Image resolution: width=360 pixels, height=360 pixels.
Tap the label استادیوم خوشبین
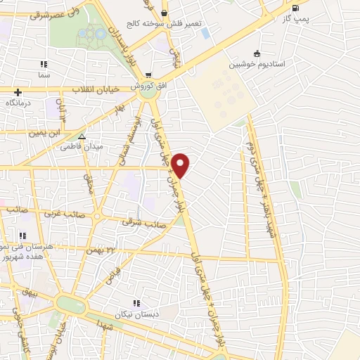[256, 64]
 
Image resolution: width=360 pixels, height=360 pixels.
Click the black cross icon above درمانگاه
[18, 91]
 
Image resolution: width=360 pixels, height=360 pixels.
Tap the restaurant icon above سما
[44, 64]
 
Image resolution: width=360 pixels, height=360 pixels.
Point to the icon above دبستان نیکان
[136, 302]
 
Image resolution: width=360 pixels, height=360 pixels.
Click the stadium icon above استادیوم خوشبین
[257, 53]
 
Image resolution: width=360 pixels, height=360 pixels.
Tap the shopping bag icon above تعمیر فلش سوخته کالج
[164, 12]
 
